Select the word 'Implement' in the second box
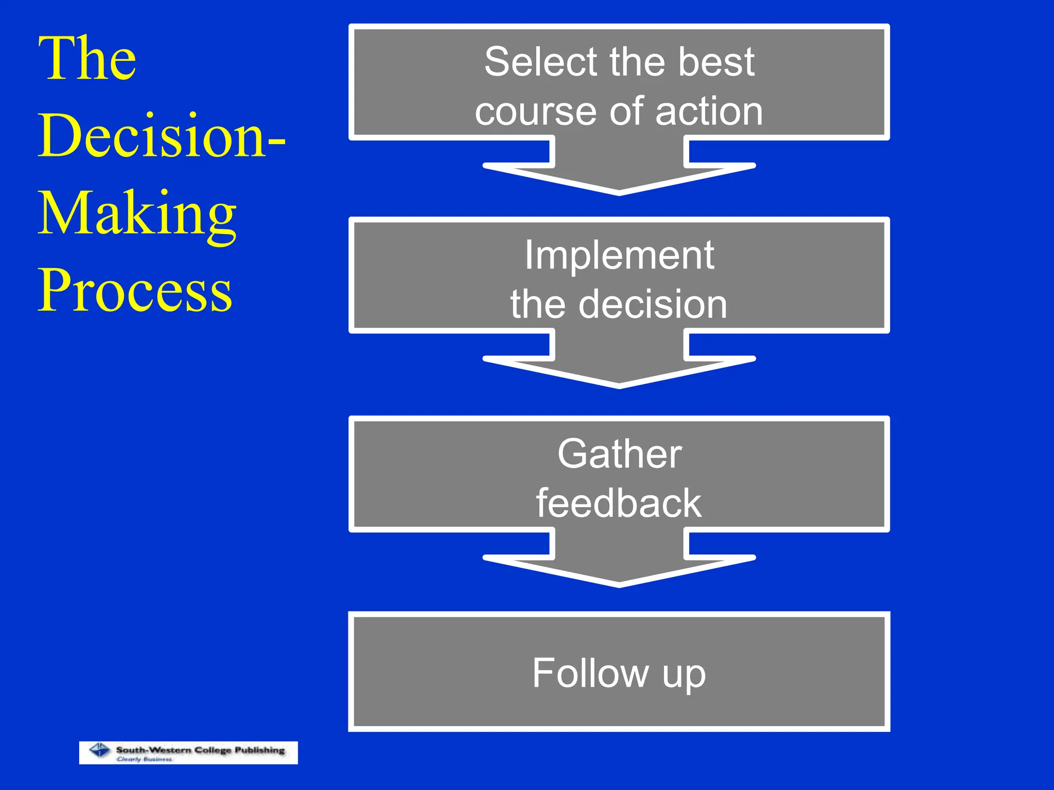[619, 256]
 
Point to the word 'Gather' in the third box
[619, 454]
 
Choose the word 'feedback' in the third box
[619, 504]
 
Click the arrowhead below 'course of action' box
[619, 172]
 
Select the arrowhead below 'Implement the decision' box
[619, 366]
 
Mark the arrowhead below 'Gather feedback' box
[619, 565]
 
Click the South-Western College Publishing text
[200, 750]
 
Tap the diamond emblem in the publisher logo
[100, 750]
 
